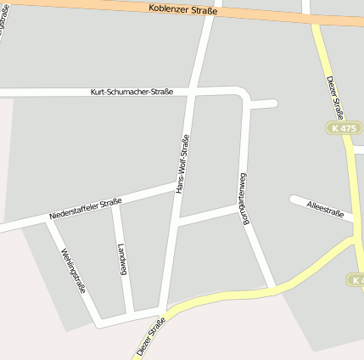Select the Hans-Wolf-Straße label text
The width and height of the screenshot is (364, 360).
pyautogui.click(x=182, y=164)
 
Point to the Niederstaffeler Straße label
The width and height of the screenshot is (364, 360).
pyautogui.click(x=86, y=209)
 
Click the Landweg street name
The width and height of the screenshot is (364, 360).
pyautogui.click(x=123, y=259)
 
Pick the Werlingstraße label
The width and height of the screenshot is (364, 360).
pyautogui.click(x=73, y=269)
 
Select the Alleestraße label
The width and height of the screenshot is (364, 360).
pyautogui.click(x=325, y=209)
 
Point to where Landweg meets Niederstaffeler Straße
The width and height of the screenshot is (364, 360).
pyautogui.click(x=115, y=203)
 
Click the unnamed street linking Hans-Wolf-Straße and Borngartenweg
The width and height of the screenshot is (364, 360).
pyautogui.click(x=208, y=215)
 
